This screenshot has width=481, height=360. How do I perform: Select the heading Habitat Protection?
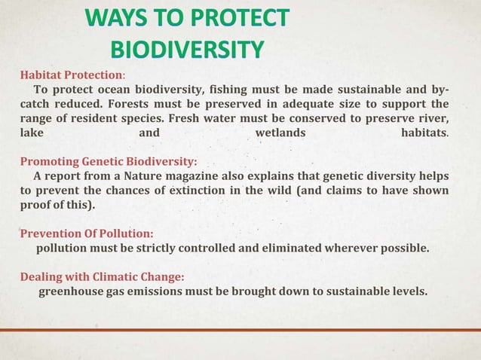[71, 75]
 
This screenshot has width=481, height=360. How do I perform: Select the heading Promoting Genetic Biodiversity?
[108, 161]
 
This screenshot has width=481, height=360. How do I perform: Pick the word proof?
[35, 205]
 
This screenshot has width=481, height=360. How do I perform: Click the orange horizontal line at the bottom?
[240, 330]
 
